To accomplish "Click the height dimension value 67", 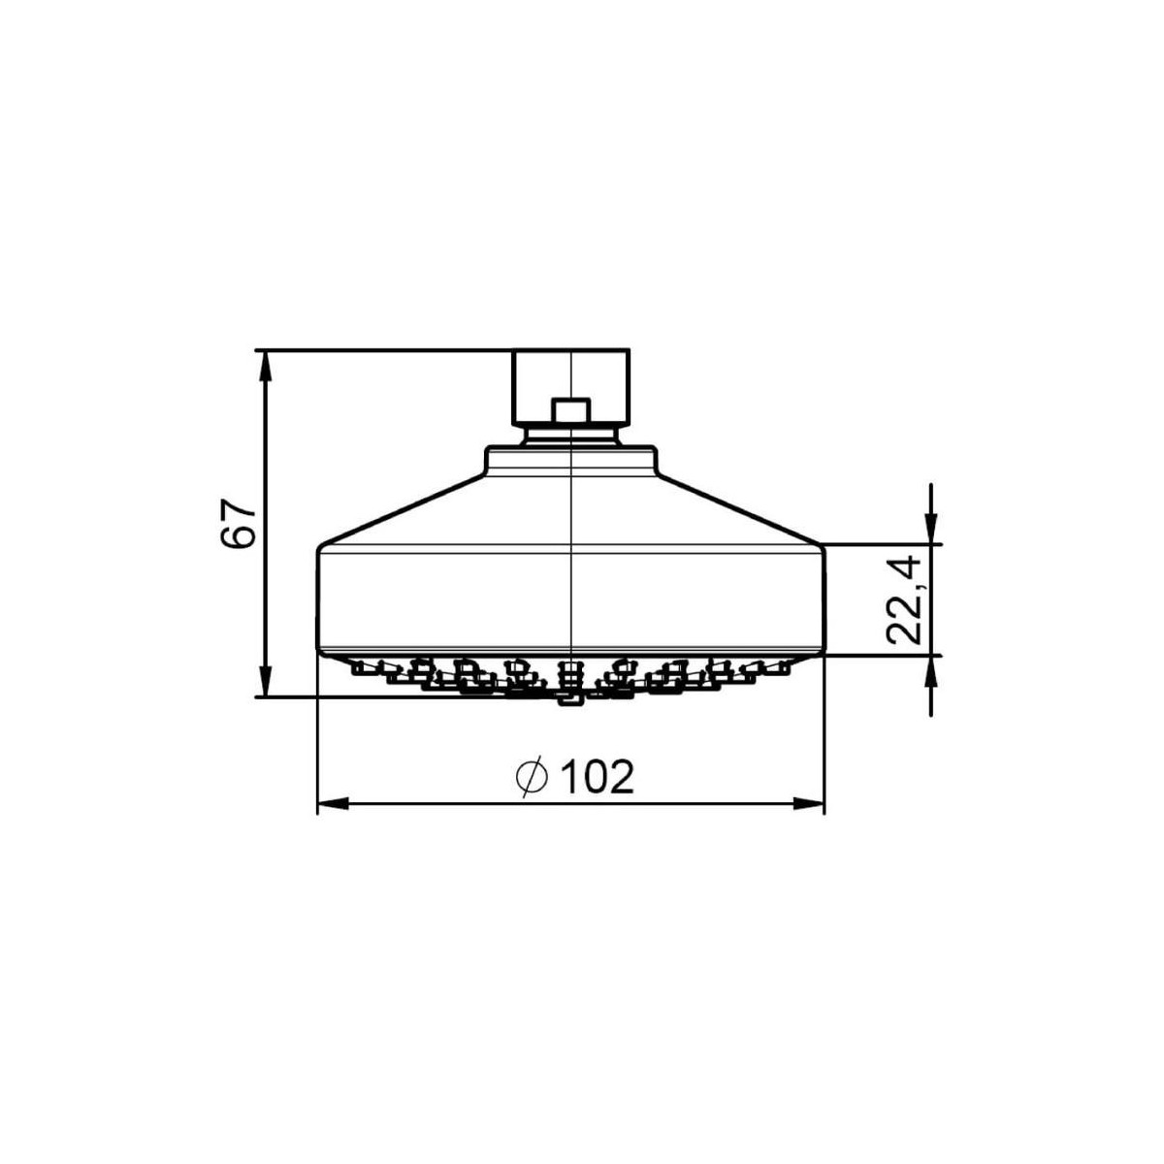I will [x=238, y=524].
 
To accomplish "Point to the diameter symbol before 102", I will [x=533, y=777].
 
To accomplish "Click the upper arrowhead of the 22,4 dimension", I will [x=931, y=532].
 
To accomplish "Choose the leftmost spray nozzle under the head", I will [x=364, y=667].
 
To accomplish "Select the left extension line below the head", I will [x=318, y=737].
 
